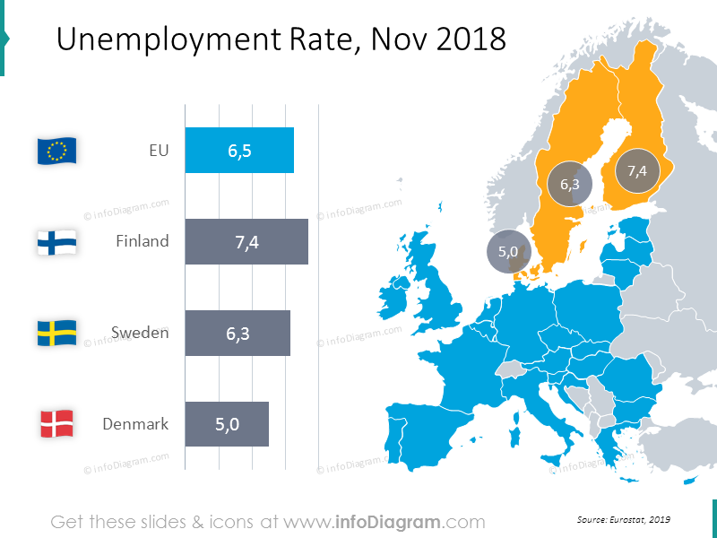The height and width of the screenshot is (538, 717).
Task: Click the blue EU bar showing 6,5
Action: coord(239,151)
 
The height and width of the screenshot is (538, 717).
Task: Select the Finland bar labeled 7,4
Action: coord(246,242)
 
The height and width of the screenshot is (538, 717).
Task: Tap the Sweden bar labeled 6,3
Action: coord(238,334)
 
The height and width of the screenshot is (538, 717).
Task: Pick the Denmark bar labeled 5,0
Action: coord(227,424)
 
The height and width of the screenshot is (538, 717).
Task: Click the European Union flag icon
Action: coord(57,151)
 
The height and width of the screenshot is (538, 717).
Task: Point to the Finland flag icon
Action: coord(57,242)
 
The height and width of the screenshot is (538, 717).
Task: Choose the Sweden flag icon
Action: coord(57,334)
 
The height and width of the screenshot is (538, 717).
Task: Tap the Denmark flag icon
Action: coord(57,424)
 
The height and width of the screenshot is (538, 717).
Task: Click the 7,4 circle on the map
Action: coord(637,170)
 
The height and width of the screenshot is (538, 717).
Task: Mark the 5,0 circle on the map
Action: coord(508,252)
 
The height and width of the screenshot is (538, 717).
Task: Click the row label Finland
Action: coord(142,241)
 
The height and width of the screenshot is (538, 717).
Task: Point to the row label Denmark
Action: coord(135,424)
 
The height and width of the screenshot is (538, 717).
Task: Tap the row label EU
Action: coord(159,151)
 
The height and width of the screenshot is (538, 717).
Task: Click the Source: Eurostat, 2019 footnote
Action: coord(624,520)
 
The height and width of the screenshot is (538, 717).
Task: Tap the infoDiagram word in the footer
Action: coord(386,522)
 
